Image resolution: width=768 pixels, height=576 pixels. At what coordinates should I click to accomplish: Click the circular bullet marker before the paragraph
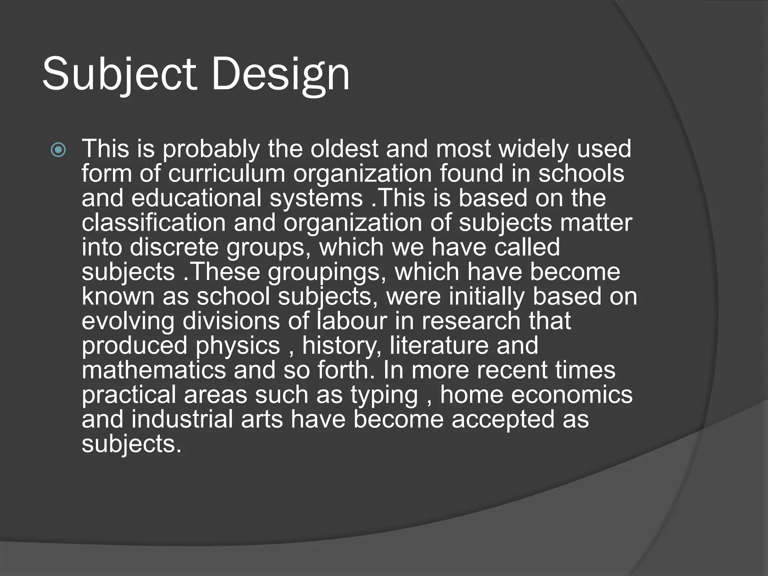click(x=58, y=150)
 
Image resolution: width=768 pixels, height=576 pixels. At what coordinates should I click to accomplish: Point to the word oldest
click(x=344, y=148)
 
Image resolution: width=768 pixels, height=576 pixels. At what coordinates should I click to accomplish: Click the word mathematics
click(x=154, y=370)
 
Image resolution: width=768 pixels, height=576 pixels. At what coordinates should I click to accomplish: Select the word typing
click(x=384, y=395)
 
